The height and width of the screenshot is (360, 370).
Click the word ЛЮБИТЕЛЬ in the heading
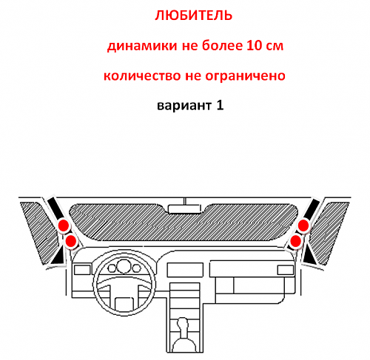pos(194,16)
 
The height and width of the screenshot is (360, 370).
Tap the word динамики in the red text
pos(142,46)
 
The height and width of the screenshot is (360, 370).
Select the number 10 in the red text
pos(255,45)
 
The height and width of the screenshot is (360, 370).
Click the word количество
pos(142,75)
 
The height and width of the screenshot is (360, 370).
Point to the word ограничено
pos(245,76)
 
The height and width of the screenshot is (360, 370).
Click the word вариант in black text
pos(184,106)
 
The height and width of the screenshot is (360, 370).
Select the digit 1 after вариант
pos(220,105)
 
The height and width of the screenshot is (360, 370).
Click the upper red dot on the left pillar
pos(64,225)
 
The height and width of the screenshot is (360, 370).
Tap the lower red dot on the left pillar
pos(71,241)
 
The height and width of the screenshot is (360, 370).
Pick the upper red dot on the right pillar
pos(303,225)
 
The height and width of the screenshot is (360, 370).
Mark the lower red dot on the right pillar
pos(296,241)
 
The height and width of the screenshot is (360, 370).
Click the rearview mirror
pos(184,208)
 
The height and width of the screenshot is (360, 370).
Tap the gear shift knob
pos(183,324)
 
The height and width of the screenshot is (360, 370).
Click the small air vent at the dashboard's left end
pos(82,270)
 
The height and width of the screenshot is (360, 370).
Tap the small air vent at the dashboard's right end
pos(286,270)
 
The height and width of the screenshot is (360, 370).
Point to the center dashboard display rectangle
pos(185,270)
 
